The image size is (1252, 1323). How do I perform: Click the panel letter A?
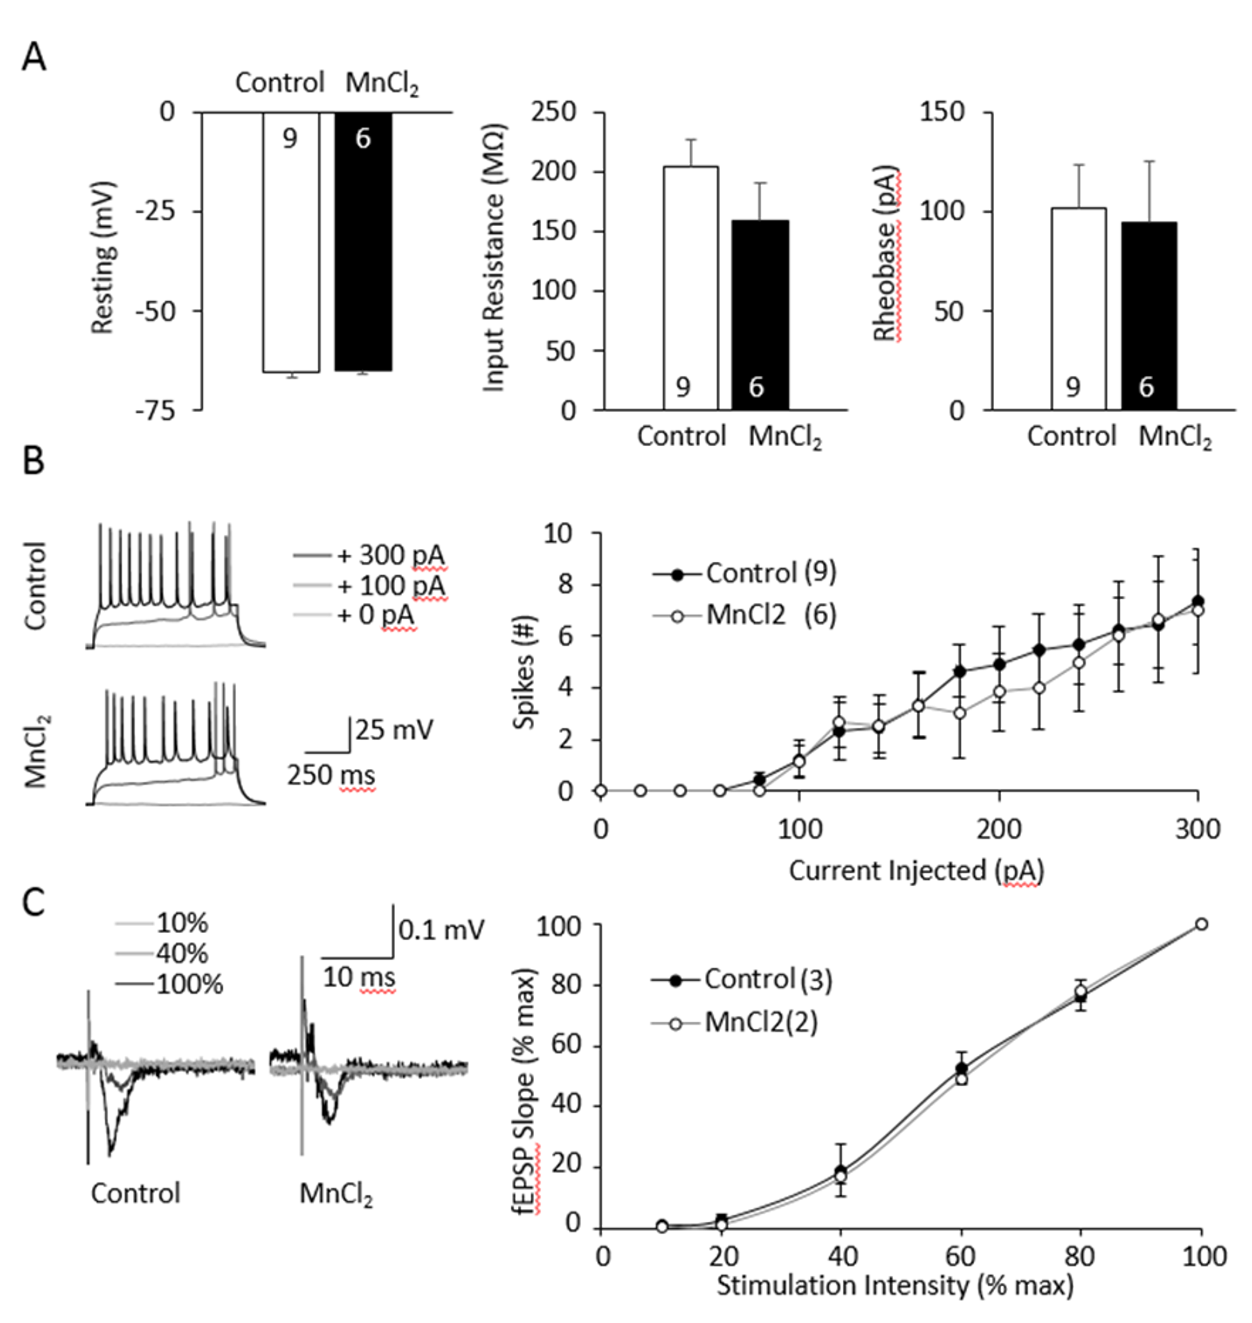(x=34, y=57)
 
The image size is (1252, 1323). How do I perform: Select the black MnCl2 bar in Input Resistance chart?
(x=760, y=314)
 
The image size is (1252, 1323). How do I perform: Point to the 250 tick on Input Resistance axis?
(x=553, y=112)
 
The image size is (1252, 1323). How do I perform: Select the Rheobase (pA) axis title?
(x=886, y=253)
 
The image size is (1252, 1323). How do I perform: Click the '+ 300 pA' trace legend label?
(x=391, y=555)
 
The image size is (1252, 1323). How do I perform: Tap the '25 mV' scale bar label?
(x=394, y=729)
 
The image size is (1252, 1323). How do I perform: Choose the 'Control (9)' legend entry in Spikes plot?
(x=770, y=573)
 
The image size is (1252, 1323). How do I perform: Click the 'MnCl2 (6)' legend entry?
(x=770, y=616)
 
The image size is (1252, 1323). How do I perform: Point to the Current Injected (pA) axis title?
(x=916, y=870)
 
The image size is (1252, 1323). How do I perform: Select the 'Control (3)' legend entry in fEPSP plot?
(x=767, y=980)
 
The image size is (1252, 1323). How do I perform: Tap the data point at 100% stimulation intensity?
(x=1200, y=924)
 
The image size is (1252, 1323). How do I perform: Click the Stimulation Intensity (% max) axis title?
(x=894, y=1284)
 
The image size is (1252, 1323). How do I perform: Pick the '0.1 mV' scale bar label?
(x=441, y=929)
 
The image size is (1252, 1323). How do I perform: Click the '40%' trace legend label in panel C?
(x=182, y=953)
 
